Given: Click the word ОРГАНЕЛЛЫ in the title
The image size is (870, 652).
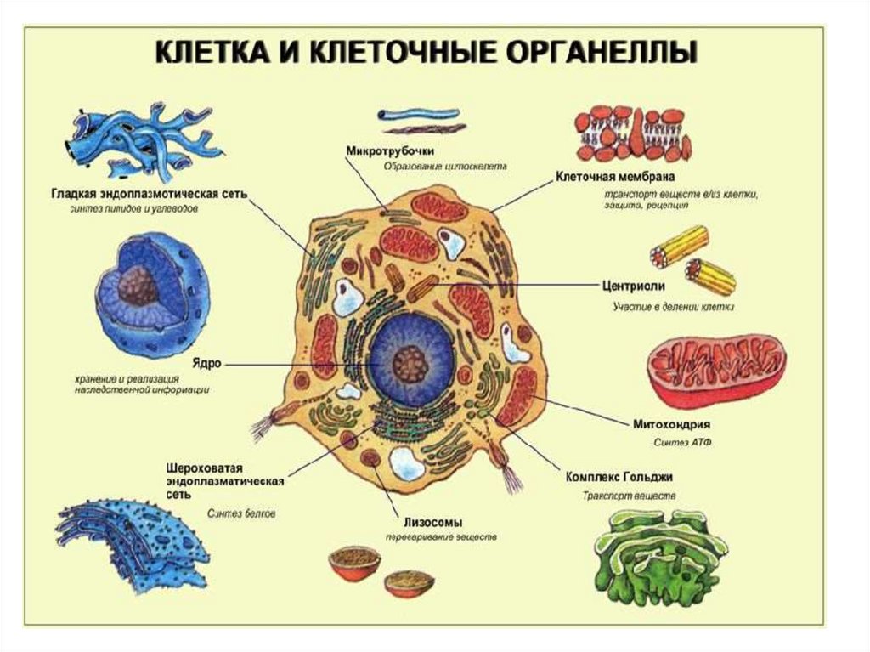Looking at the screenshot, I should point(595,52).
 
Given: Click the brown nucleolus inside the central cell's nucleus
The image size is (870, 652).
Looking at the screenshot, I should point(412,363).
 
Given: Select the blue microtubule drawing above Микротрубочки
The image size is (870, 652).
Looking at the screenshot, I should point(418,114).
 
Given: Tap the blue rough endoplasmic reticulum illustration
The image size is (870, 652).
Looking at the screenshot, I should point(132,544).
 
